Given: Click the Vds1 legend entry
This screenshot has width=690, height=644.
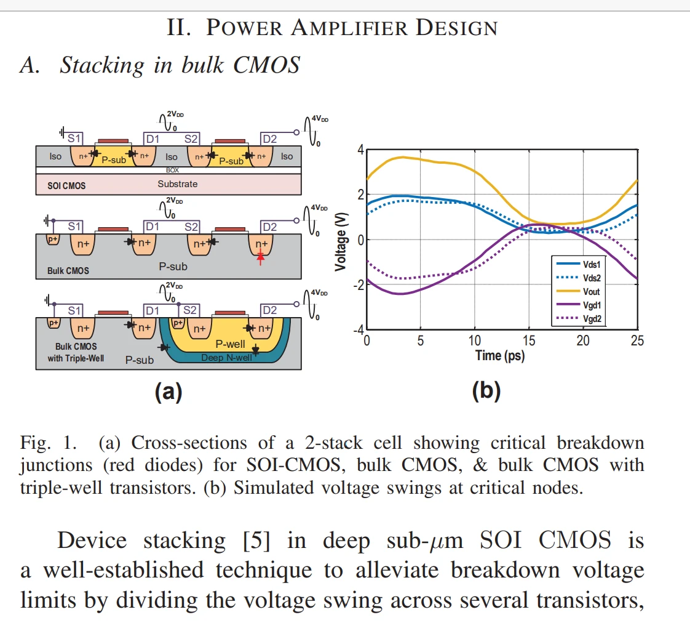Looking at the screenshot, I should pyautogui.click(x=591, y=264).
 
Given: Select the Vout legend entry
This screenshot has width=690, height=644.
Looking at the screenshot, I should pyautogui.click(x=591, y=291).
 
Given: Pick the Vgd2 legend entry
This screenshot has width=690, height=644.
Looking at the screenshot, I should pyautogui.click(x=591, y=318).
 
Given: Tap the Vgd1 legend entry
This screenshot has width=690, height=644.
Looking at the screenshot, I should pyautogui.click(x=591, y=305).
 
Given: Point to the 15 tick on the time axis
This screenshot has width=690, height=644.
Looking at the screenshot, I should pyautogui.click(x=529, y=340).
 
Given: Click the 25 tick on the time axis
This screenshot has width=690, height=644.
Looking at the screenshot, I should pyautogui.click(x=637, y=340).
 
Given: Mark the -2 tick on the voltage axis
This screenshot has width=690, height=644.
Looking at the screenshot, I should pyautogui.click(x=359, y=284).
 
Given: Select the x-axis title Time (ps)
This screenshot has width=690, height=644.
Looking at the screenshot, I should pyautogui.click(x=499, y=355).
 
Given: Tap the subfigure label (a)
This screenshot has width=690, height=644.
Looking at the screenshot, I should pyautogui.click(x=168, y=391).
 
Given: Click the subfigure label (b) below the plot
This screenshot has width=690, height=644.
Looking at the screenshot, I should pyautogui.click(x=486, y=391).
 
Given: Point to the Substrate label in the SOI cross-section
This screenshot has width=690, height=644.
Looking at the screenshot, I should pyautogui.click(x=178, y=183).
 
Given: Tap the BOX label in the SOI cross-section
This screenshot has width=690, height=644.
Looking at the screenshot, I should pyautogui.click(x=173, y=170).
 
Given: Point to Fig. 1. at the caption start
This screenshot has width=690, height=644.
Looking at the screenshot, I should pyautogui.click(x=44, y=443).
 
